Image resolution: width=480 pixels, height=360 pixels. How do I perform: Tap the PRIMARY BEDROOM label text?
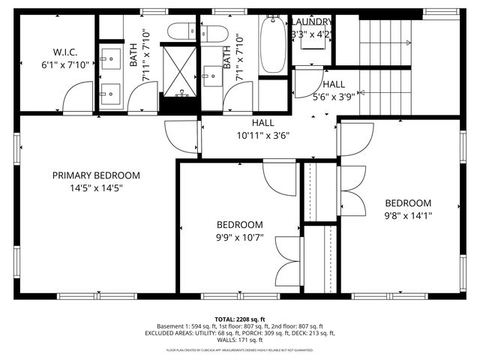96,175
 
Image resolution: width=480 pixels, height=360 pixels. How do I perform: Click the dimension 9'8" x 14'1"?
408,215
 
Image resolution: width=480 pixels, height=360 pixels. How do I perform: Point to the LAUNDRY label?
312,22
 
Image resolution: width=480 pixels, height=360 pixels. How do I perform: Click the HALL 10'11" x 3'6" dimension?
262,136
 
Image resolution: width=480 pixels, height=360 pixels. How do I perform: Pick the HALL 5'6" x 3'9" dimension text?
334,97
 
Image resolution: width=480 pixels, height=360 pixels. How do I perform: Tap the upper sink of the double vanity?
111,57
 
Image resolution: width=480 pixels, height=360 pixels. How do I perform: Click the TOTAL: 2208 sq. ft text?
239,318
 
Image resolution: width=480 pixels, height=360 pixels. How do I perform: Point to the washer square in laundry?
312,39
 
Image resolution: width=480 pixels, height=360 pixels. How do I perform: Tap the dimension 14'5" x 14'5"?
96,188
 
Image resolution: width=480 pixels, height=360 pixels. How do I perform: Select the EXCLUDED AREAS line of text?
239,334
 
